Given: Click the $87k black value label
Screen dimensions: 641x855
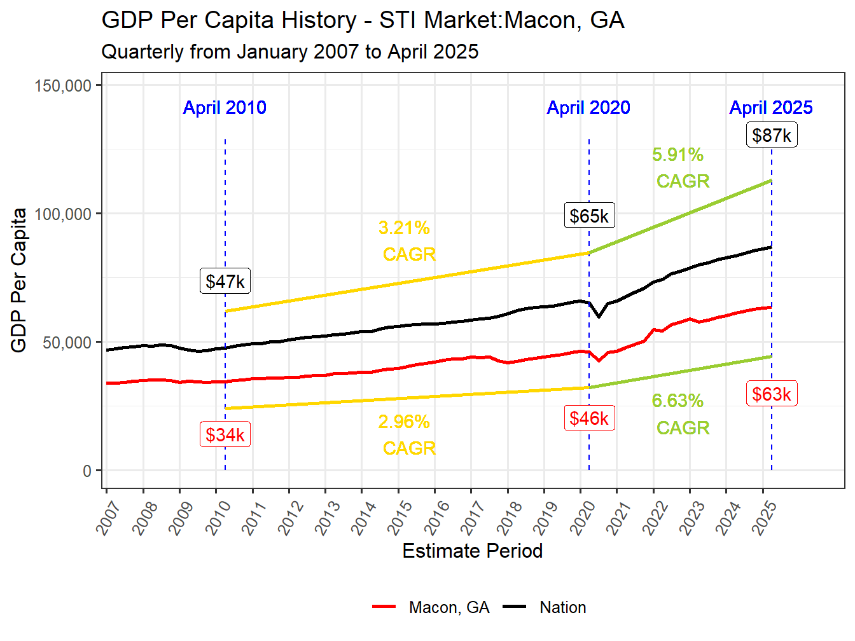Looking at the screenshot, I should pyautogui.click(x=771, y=135).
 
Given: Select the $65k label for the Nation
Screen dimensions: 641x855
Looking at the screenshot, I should pyautogui.click(x=589, y=216).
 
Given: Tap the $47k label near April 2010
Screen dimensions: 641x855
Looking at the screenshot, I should pyautogui.click(x=225, y=281).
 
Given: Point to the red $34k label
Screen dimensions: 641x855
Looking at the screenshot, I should pyautogui.click(x=225, y=435).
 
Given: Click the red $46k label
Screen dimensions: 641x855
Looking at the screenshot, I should pyautogui.click(x=589, y=418).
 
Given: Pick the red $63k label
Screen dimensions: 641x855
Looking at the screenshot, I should pyautogui.click(x=771, y=394).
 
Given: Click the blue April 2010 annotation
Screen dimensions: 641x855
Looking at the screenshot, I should pyautogui.click(x=225, y=107).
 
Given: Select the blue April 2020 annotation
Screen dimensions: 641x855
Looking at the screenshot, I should pyautogui.click(x=588, y=107).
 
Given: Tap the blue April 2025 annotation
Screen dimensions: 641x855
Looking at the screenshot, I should pyautogui.click(x=771, y=107).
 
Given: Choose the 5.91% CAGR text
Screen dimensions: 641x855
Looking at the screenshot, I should pyautogui.click(x=680, y=168).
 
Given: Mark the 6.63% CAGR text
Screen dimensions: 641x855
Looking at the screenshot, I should pyautogui.click(x=680, y=414).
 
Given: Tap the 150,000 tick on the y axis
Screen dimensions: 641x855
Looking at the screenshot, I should pyautogui.click(x=64, y=86).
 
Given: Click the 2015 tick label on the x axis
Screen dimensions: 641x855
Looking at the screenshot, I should pyautogui.click(x=400, y=517).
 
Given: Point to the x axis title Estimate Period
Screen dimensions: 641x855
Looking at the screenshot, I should pyautogui.click(x=472, y=551).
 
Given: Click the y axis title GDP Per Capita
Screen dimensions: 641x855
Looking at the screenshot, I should pyautogui.click(x=19, y=280).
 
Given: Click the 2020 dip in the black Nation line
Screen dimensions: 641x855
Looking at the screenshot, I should pyautogui.click(x=599, y=316).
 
